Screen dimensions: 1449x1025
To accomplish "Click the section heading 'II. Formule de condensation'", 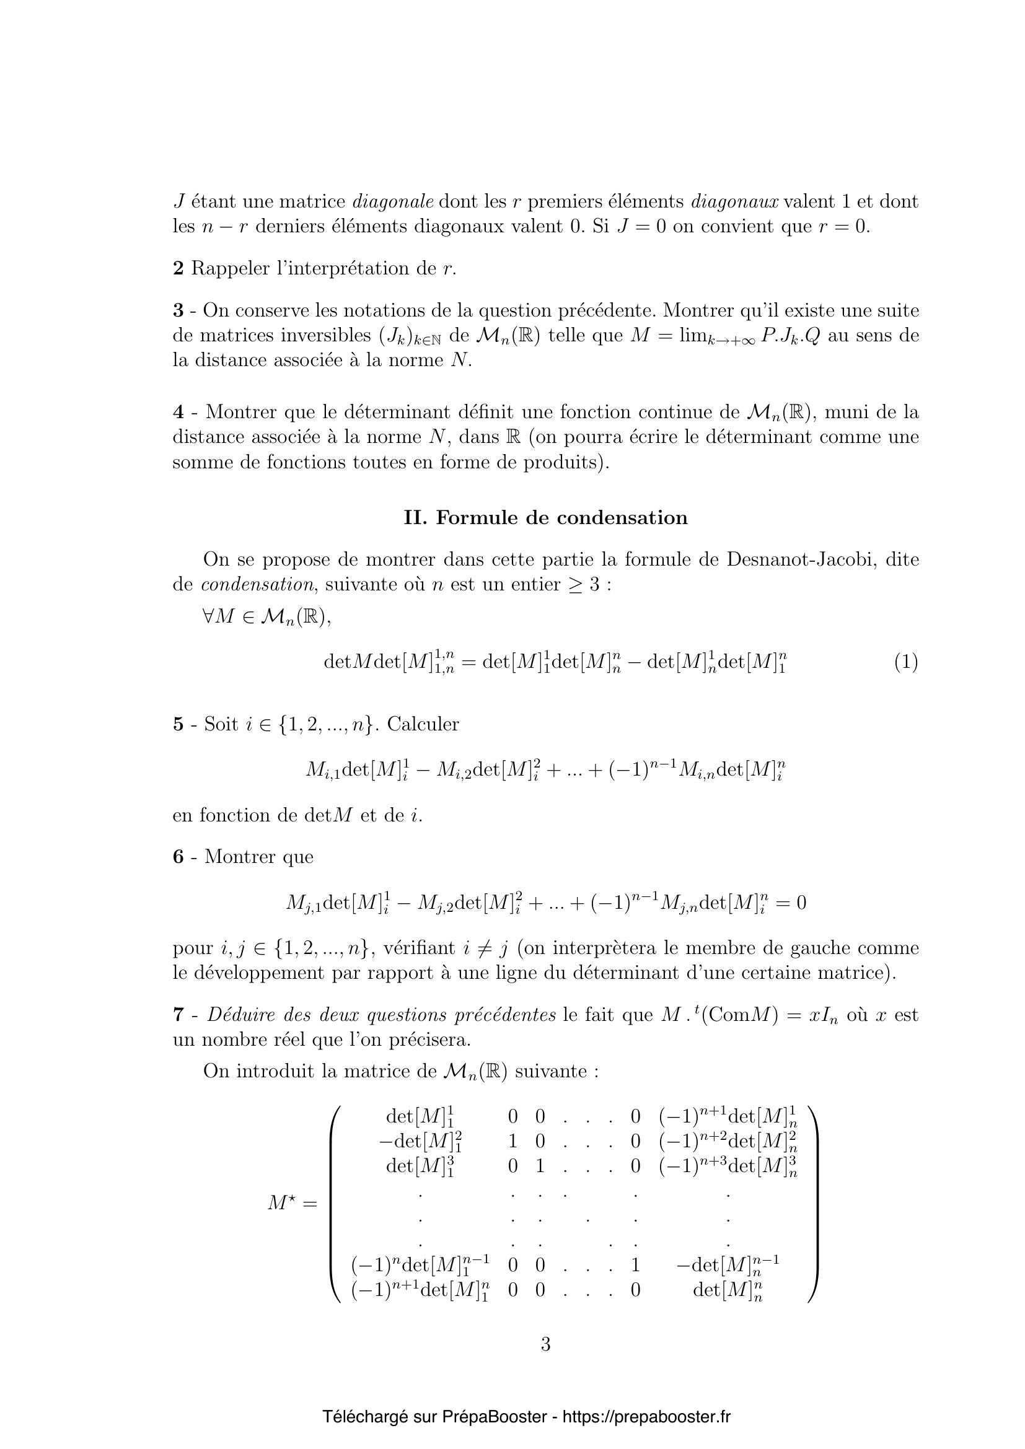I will [x=545, y=518].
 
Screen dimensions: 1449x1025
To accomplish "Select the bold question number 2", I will [x=178, y=269].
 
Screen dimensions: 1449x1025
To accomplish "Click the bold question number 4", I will [x=178, y=413].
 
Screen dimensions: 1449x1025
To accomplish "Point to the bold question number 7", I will [x=178, y=1015].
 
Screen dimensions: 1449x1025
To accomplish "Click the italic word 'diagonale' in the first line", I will [x=392, y=202].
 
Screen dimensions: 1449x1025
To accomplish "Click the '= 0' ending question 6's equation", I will [x=793, y=903].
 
